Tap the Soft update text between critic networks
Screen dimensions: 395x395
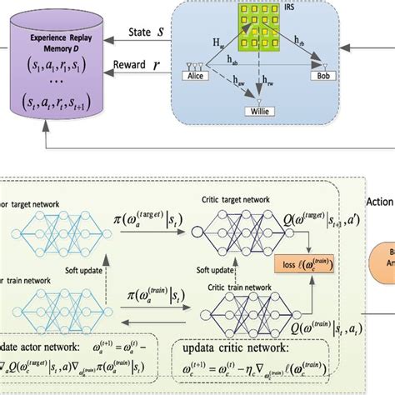pos(213,269)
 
